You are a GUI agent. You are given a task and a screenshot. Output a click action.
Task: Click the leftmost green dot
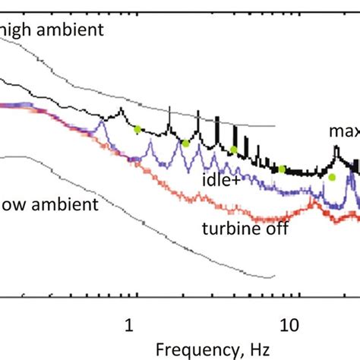pyautogui.click(x=137, y=129)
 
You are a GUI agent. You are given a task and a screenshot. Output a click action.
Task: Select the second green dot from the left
pyautogui.click(x=185, y=143)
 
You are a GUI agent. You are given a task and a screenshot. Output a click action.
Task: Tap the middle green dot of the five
pyautogui.click(x=234, y=149)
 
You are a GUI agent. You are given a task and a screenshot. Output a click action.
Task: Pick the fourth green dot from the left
pyautogui.click(x=282, y=169)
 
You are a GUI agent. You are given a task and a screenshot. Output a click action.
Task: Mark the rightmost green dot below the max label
pyautogui.click(x=331, y=177)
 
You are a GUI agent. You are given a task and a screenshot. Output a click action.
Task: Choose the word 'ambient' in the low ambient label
pyautogui.click(x=60, y=205)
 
